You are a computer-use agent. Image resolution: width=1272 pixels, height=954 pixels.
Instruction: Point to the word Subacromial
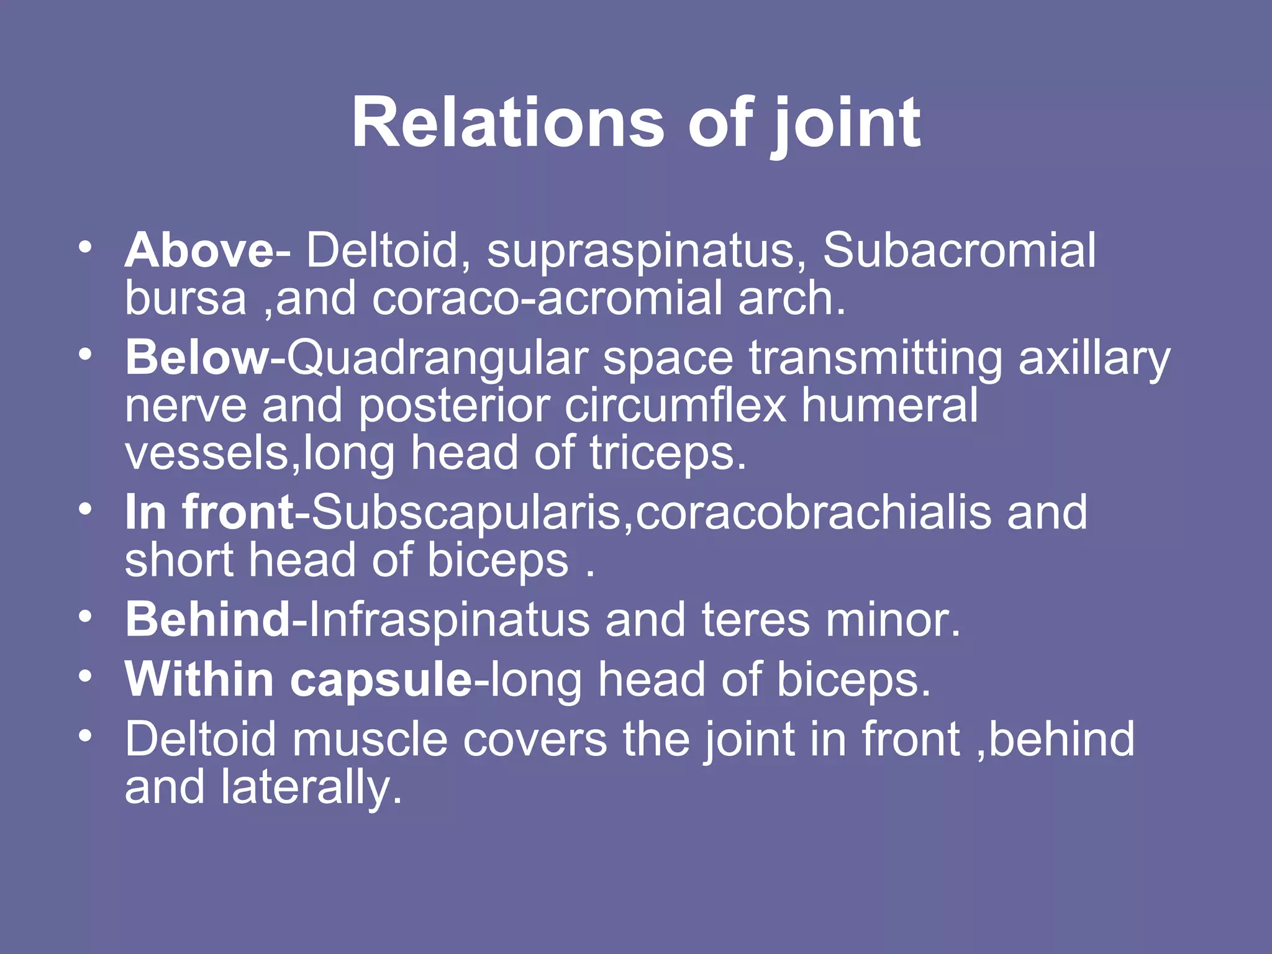coord(960,250)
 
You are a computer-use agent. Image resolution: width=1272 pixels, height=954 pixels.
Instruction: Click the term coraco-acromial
coord(547,298)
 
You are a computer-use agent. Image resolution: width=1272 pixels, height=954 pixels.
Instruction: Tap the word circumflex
coord(675,406)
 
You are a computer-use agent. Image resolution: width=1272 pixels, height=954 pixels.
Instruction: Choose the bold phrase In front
coord(209,512)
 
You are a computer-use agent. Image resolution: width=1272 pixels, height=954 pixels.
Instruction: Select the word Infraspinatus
coord(448,620)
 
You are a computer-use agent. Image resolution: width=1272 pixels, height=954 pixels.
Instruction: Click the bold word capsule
coord(380,680)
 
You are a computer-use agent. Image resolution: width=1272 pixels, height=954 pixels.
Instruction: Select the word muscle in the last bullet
coord(370,739)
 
